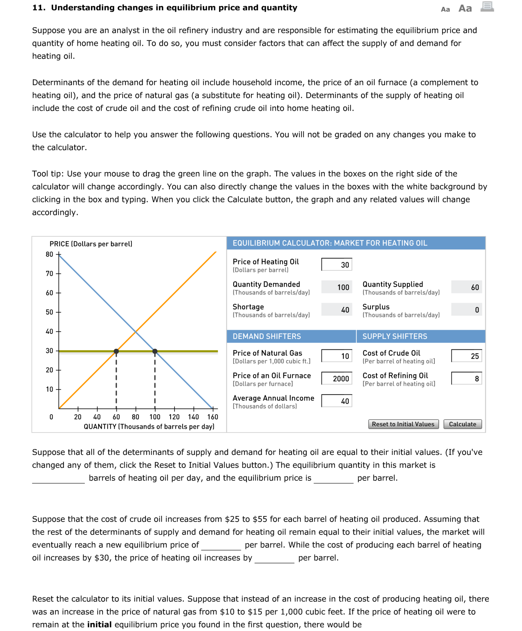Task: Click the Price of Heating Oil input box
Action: (336, 264)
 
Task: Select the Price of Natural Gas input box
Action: (336, 356)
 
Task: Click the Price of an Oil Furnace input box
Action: (336, 378)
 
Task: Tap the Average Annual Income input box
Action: (336, 401)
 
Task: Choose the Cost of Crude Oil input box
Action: (466, 356)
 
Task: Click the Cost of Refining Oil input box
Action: (466, 378)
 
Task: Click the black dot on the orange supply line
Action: (116, 351)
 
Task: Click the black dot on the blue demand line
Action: (155, 351)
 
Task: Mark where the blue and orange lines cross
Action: (136, 331)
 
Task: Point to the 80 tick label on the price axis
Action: (49, 254)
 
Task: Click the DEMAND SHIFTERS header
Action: (267, 336)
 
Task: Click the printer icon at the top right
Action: (487, 7)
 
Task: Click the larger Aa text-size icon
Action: (465, 8)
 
